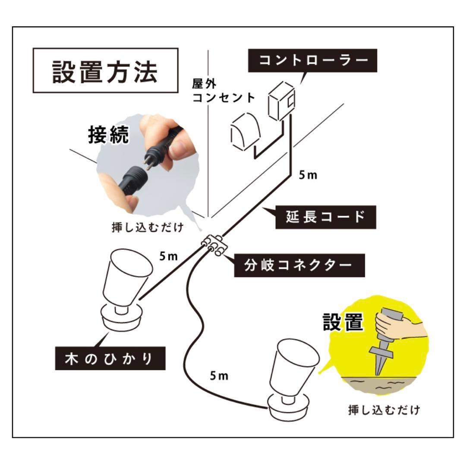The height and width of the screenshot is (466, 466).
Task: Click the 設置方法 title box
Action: click(x=105, y=71)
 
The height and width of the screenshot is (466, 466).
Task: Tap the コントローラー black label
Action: click(x=314, y=60)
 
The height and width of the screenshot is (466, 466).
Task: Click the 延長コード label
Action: click(x=325, y=217)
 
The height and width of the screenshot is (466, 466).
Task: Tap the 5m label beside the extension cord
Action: click(x=308, y=176)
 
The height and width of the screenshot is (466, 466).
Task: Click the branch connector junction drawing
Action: click(x=214, y=246)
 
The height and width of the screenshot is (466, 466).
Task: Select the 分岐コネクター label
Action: click(x=299, y=265)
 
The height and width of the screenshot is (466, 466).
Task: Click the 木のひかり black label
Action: click(x=110, y=358)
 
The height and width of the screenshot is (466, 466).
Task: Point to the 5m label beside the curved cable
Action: click(x=219, y=376)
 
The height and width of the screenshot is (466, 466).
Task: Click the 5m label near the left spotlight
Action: click(x=168, y=256)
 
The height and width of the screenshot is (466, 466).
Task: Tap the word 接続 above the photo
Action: click(x=108, y=135)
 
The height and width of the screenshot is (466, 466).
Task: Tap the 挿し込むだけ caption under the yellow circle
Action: click(x=384, y=409)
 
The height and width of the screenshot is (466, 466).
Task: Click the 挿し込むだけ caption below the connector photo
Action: click(x=148, y=228)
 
